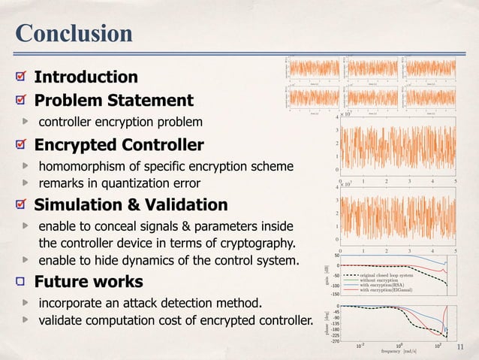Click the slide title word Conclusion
point(74,33)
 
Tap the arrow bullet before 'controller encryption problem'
point(26,122)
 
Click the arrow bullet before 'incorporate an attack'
point(26,304)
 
